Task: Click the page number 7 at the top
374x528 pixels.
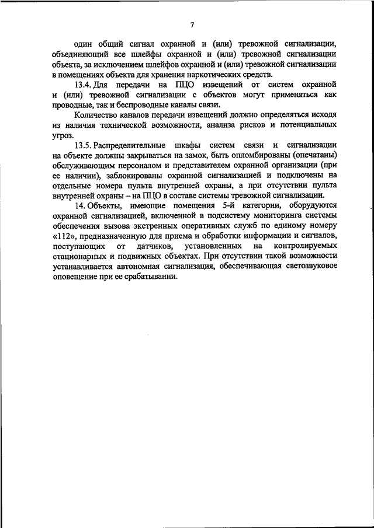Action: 192,25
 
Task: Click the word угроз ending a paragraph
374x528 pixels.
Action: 63,135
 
